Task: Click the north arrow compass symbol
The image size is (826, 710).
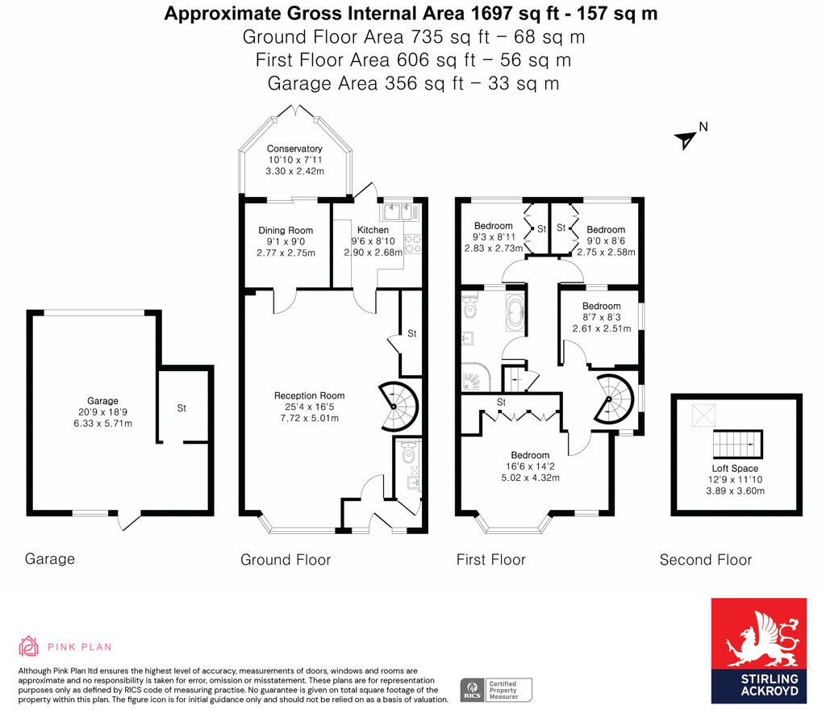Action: pos(686,139)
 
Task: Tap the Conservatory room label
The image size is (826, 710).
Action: pos(294,148)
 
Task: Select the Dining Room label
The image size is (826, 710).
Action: pos(286,231)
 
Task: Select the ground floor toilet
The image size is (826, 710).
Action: pos(407,454)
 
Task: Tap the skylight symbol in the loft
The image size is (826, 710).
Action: pos(703,414)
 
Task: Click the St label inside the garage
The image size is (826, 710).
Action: pos(181,408)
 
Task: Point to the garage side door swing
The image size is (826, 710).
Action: pos(130,522)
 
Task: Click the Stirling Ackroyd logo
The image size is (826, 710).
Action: pos(758,650)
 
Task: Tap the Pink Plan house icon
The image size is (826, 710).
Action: pos(28,646)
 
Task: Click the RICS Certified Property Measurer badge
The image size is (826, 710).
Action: pos(497,690)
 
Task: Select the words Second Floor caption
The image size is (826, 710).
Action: pos(705,560)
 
